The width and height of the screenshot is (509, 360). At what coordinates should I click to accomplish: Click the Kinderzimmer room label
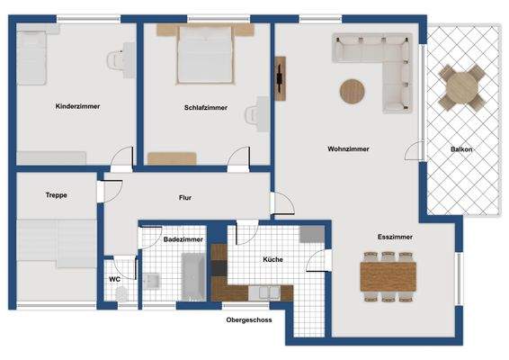76,106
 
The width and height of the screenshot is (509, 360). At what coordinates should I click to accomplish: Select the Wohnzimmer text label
348,148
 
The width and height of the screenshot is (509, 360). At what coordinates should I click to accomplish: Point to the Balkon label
461,149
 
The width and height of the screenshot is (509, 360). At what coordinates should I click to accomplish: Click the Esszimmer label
395,237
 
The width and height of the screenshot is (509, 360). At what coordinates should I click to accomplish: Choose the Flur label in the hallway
185,197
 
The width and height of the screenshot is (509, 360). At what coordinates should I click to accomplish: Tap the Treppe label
57,194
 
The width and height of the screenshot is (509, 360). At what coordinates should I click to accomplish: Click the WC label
115,279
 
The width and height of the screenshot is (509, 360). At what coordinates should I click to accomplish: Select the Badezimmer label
183,239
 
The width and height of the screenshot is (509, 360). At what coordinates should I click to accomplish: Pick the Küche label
273,259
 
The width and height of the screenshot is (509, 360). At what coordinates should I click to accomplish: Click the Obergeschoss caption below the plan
248,319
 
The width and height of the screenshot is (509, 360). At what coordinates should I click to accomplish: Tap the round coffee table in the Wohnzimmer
353,90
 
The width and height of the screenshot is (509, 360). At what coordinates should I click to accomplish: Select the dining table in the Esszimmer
390,275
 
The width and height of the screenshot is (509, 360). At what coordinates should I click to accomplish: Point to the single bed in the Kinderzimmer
33,57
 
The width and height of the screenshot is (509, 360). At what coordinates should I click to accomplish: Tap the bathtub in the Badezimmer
193,275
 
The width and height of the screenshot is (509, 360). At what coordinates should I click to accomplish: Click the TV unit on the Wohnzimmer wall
281,78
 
